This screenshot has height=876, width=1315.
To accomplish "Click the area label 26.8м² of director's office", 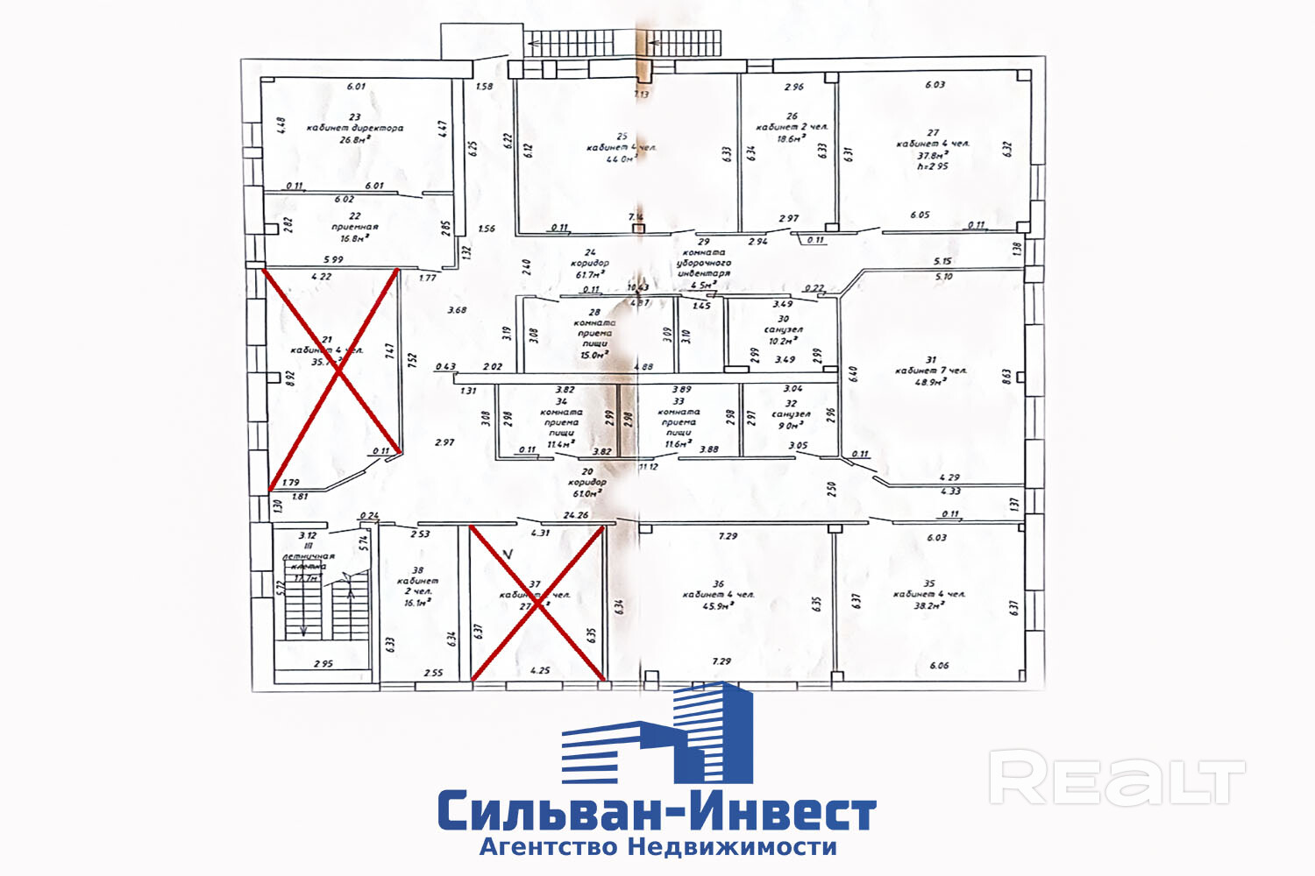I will [x=354, y=138].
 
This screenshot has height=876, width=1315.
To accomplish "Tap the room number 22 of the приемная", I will [x=354, y=215].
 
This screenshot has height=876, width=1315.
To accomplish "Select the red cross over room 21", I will [x=334, y=378].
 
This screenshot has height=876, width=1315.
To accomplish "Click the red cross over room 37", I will [x=537, y=603].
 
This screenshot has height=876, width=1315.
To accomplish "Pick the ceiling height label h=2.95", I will [x=933, y=166].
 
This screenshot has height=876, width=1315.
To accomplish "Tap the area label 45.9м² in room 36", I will [x=718, y=605].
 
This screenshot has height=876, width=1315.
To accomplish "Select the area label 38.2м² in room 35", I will [x=929, y=604].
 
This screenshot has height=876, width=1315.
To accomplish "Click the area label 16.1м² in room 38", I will [x=417, y=603].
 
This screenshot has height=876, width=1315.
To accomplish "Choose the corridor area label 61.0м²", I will [x=586, y=493].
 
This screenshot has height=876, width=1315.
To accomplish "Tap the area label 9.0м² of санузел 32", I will [x=791, y=426].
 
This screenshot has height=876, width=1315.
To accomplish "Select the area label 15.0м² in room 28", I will [x=594, y=355].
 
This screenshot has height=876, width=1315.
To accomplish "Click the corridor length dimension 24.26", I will [x=576, y=515].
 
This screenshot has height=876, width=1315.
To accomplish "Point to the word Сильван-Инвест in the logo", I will [x=657, y=812].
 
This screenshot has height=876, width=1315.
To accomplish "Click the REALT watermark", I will [x=1117, y=778].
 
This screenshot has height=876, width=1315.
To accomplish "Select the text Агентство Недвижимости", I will [x=657, y=847].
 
